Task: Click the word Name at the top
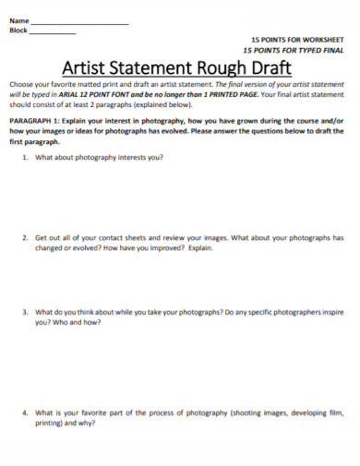18,20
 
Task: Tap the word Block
18,30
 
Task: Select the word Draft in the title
273,67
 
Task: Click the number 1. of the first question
25,158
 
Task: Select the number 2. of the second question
25,238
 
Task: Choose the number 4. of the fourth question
25,414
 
